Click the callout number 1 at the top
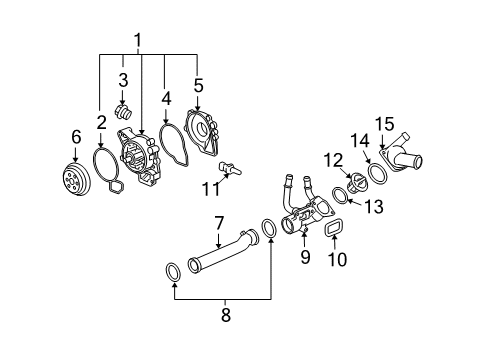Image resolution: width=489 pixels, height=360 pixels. [137, 41]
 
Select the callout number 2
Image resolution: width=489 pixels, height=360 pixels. [101, 122]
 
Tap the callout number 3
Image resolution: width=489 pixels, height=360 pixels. [123, 79]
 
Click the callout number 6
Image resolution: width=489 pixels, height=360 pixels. [75, 136]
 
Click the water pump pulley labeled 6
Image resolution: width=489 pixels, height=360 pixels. [73, 179]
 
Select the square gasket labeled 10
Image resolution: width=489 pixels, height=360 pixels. [327, 233]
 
